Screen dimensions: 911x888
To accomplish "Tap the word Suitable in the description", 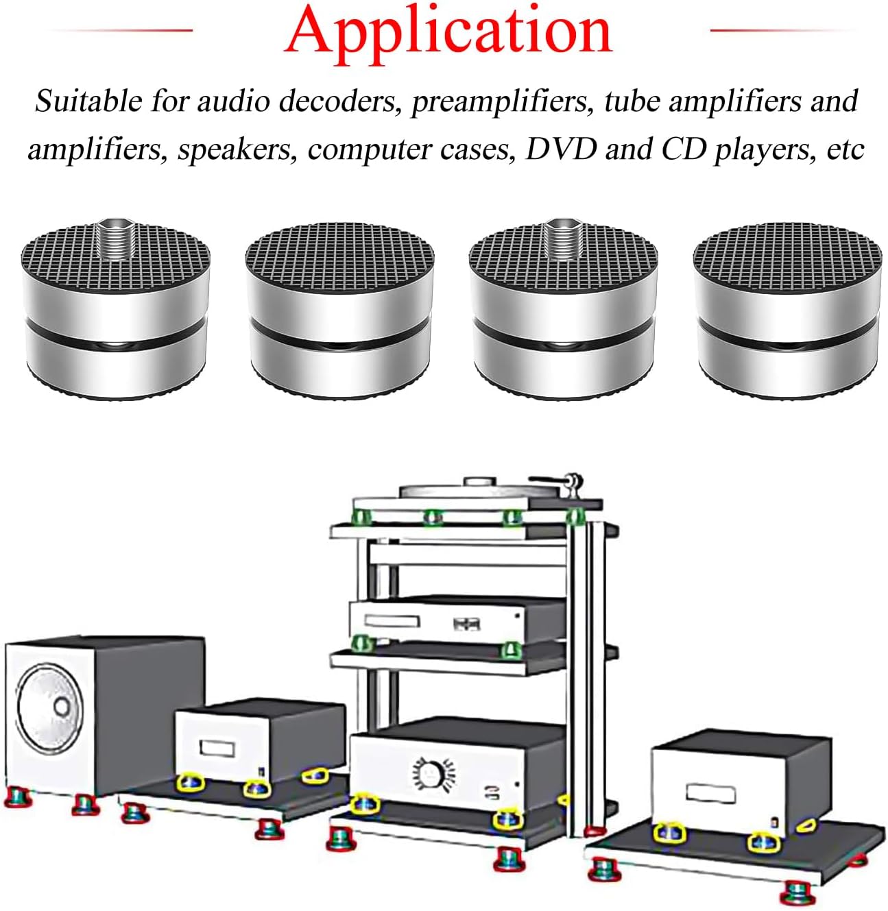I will [x=88, y=101].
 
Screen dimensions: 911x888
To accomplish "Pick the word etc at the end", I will [x=845, y=149].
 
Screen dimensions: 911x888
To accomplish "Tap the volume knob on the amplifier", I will [x=430, y=775].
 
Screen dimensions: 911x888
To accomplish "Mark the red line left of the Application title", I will [x=123, y=30].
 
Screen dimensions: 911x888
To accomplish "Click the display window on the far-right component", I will [x=711, y=794].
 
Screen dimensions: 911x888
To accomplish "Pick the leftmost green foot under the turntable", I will [x=361, y=516].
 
